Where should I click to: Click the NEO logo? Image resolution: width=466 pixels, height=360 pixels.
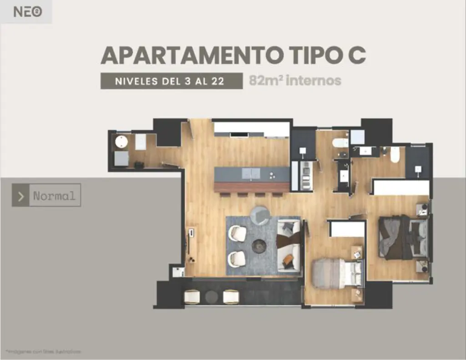coord(28,12)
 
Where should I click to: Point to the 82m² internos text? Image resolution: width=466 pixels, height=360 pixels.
coord(295,81)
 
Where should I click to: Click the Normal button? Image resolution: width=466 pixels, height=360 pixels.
coord(54,196)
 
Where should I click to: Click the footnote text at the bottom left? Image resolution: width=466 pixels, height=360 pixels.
coord(44,352)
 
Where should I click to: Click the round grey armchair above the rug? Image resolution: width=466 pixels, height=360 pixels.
coord(260,215)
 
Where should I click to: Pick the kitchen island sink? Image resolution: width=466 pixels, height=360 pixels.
coord(251,173)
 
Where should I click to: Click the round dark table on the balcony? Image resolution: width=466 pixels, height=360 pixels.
coord(212,297)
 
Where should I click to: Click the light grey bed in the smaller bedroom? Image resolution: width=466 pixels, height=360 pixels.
coord(330,273)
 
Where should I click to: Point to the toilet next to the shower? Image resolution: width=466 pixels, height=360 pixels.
coord(340,143)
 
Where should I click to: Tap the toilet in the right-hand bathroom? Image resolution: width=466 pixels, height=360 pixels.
coord(395,155)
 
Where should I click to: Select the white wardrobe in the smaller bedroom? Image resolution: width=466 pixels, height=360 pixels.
coord(347,229)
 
